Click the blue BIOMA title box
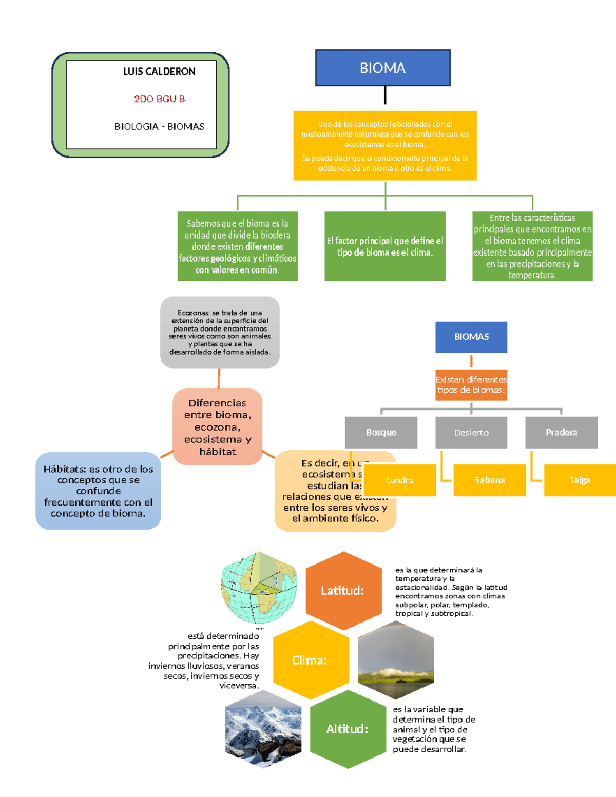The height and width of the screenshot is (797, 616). click(x=382, y=68)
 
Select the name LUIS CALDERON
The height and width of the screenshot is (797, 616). click(x=159, y=72)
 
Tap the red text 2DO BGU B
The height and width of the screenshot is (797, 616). click(x=159, y=99)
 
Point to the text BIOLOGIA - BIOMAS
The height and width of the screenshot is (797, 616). click(x=159, y=126)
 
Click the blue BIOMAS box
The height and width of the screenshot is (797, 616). click(x=471, y=337)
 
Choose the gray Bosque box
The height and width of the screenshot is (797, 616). click(x=381, y=432)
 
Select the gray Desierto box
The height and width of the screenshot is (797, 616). click(x=471, y=432)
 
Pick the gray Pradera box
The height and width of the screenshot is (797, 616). click(x=561, y=432)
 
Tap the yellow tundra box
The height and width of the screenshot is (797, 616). click(x=399, y=480)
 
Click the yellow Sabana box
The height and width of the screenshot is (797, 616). click(x=489, y=480)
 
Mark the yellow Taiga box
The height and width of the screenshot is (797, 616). click(x=580, y=480)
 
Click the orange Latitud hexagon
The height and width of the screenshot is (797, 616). click(x=343, y=591)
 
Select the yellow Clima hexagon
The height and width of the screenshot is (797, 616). click(x=310, y=660)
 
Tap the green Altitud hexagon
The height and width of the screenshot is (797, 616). click(x=348, y=729)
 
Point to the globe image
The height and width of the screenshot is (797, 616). click(x=259, y=588)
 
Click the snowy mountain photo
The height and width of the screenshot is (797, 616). click(x=263, y=729)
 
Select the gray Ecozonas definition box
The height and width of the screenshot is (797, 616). click(x=220, y=332)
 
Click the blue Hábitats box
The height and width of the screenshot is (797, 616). click(x=98, y=491)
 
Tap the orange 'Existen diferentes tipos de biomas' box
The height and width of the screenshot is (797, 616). click(x=471, y=385)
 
